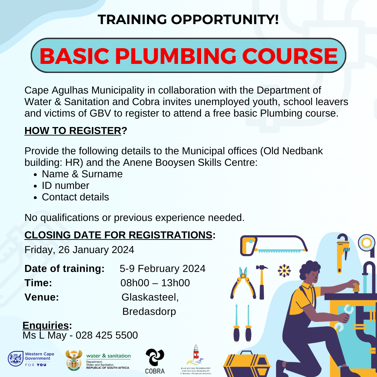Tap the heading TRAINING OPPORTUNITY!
pyautogui.click(x=188, y=19)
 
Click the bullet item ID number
pyautogui.click(x=66, y=185)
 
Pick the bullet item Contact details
pyautogui.click(x=75, y=197)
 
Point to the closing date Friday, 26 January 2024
pyautogui.click(x=79, y=250)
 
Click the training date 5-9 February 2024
pyautogui.click(x=162, y=268)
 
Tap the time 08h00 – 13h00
pyautogui.click(x=155, y=283)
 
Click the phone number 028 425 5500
pyautogui.click(x=106, y=335)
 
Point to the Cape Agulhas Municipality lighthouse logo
pyautogui.click(x=196, y=360)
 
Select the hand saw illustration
pyautogui.click(x=274, y=245)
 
